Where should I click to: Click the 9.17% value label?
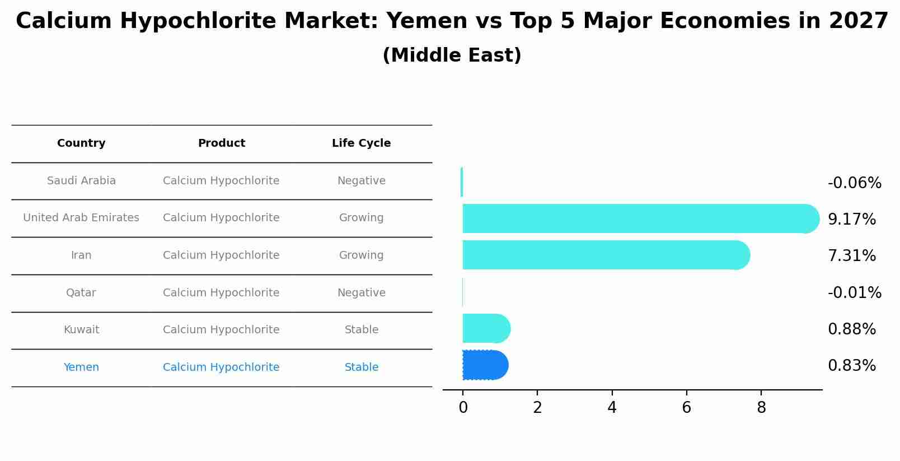pos(851,219)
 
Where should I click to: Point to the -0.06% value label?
pos(854,183)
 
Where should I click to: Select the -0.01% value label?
pos(854,292)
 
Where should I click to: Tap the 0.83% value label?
pos(851,365)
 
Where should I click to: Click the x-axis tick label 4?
pos(612,408)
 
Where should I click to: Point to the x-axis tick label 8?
pos(761,408)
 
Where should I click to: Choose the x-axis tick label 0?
pos(463,408)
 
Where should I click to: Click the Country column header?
pos(81,143)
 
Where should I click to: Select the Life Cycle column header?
pos(361,143)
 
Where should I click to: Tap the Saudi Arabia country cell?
pos(81,181)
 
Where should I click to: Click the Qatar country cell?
pos(81,292)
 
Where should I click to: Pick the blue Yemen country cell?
pos(81,367)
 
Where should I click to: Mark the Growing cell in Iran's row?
pos(361,255)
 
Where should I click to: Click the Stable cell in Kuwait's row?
pos(361,330)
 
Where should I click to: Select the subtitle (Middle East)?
pos(452,55)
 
